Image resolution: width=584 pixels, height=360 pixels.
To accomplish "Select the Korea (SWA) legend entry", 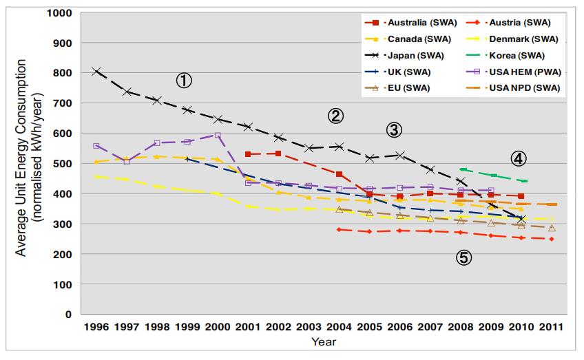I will [x=517, y=56].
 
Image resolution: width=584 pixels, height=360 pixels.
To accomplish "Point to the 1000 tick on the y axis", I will [x=60, y=13].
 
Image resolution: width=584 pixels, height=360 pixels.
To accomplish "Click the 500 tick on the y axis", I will [x=63, y=164].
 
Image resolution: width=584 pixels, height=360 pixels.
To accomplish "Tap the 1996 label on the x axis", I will [x=96, y=326].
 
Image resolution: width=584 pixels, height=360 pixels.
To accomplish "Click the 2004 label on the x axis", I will [x=339, y=326].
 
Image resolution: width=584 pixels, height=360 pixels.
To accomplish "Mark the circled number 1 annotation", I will [x=183, y=81].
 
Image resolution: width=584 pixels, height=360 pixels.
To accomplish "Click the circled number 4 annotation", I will [x=519, y=158].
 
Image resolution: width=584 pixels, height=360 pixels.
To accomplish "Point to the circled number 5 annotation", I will [x=463, y=257].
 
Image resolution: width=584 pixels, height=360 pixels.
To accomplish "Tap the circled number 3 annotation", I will [x=393, y=129].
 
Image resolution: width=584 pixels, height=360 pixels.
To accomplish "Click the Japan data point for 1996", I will [x=96, y=71].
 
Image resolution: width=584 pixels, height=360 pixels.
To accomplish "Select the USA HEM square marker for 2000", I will [x=218, y=136].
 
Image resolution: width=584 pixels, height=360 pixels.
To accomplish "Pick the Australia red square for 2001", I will [x=248, y=154].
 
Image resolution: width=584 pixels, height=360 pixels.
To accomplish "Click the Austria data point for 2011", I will [x=551, y=239].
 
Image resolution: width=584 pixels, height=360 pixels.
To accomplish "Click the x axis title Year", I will [x=324, y=341].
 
